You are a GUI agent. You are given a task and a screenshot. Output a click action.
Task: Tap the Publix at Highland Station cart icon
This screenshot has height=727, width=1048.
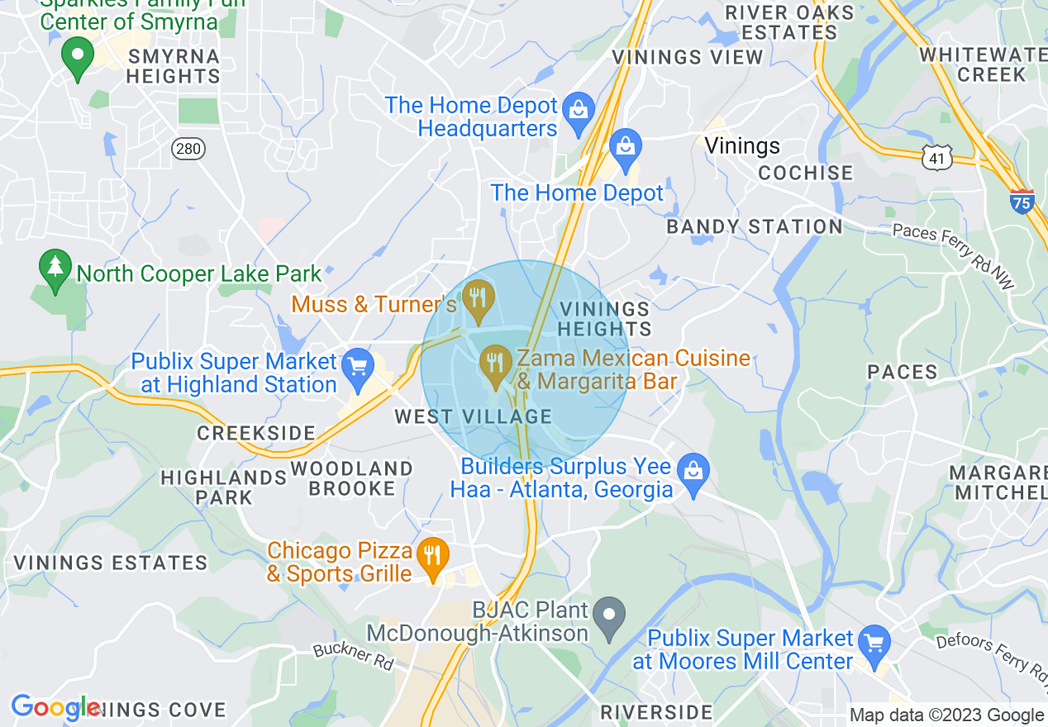tap(358, 369)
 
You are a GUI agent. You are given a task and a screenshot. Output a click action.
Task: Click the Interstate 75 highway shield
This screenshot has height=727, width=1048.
tap(1022, 201)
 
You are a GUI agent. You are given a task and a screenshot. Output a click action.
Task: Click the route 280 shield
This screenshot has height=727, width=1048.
tap(188, 148)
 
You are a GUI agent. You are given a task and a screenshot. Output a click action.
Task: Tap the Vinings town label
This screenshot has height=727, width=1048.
tap(742, 146)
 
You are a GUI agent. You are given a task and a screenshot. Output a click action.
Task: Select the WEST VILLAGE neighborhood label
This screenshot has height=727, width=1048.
tap(473, 416)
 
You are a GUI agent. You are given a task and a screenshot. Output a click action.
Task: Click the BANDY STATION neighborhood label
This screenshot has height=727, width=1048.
tap(755, 226)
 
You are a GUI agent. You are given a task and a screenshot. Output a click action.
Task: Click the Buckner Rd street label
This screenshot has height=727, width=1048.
tap(353, 656)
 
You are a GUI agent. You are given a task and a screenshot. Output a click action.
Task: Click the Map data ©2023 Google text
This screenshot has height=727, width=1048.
tap(946, 715)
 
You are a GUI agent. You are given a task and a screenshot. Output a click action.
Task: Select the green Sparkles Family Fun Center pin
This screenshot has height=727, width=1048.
tap(79, 57)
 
